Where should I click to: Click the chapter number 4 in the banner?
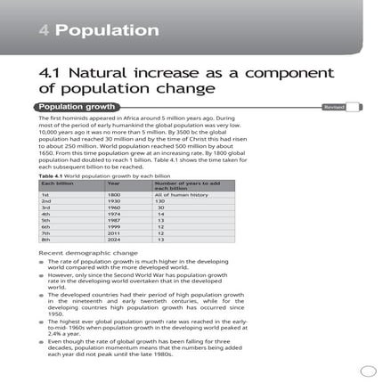(45, 29)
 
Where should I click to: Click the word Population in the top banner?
(106, 29)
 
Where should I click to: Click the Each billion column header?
(54, 183)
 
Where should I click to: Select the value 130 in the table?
(161, 201)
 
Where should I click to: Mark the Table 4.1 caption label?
(51, 175)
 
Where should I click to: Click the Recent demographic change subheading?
(76, 253)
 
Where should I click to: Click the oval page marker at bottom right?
(370, 373)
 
